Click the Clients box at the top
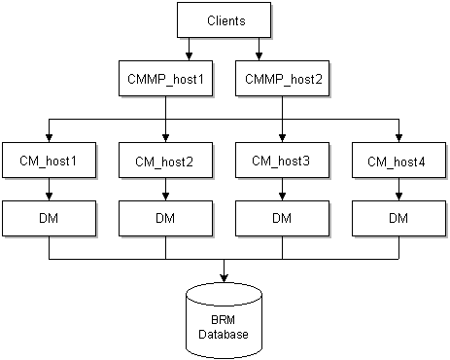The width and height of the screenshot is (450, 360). click(x=225, y=19)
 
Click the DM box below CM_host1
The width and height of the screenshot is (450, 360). click(x=49, y=217)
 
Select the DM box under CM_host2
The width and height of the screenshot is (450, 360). click(x=165, y=217)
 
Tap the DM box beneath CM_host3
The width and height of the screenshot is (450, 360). click(x=283, y=217)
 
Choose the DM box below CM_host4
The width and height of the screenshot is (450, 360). click(x=398, y=217)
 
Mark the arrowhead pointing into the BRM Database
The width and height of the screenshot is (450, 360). click(x=225, y=274)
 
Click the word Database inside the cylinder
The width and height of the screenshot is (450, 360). click(x=225, y=334)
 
